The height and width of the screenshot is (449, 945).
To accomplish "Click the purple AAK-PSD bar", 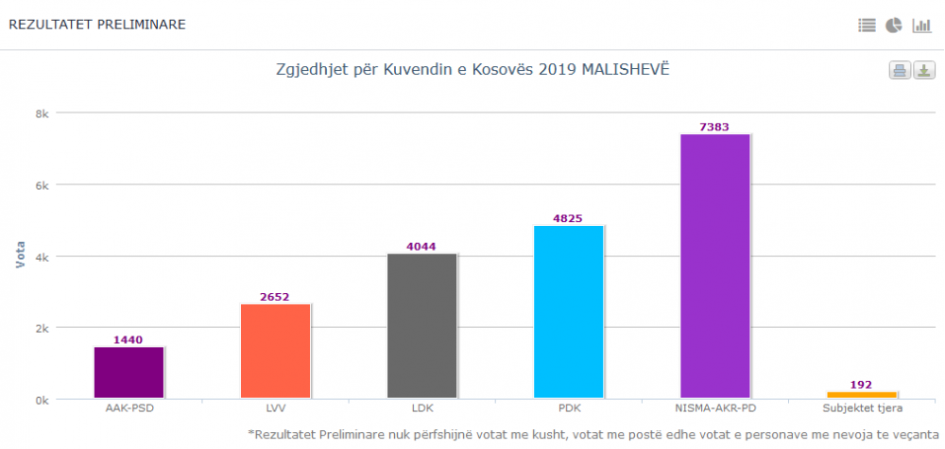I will (129, 372).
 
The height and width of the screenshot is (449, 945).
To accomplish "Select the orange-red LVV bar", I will (275, 351).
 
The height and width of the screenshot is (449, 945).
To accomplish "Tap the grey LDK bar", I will (421, 326).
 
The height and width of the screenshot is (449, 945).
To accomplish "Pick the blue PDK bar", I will (568, 312).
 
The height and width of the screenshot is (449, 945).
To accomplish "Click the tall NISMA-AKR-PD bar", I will (714, 266).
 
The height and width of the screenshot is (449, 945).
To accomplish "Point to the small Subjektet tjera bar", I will (861, 394).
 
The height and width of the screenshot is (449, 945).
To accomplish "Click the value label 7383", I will (714, 127).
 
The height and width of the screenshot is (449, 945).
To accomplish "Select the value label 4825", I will (568, 218).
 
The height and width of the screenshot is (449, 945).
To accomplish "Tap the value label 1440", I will (129, 339).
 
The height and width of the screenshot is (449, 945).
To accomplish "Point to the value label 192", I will (861, 385).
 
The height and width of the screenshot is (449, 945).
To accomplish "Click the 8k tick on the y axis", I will (42, 112).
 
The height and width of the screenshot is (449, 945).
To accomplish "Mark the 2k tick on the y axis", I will (42, 328).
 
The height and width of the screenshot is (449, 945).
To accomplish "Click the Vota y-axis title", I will (20, 255).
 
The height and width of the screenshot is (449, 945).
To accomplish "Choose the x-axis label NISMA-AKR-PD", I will (714, 409).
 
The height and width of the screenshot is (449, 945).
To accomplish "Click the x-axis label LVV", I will (275, 409).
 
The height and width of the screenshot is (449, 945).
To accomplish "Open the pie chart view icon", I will (894, 26).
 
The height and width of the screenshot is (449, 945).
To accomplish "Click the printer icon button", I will (900, 71).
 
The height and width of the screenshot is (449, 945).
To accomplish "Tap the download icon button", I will (924, 71).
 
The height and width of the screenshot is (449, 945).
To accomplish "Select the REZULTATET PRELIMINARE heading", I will (96, 25).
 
